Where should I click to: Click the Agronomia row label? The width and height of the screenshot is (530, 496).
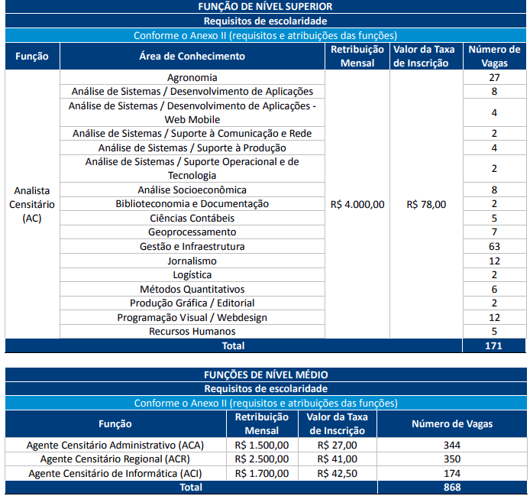tap(192, 77)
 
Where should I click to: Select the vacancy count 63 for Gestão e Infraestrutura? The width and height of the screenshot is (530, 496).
tap(494, 247)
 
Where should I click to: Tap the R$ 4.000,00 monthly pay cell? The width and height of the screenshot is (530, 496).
tap(357, 204)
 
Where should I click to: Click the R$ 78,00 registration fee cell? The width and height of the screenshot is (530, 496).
tap(426, 204)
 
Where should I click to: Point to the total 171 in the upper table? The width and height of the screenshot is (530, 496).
tap(494, 346)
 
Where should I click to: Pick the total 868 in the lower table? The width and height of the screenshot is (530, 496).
tap(452, 487)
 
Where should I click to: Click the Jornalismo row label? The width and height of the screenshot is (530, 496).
tap(192, 261)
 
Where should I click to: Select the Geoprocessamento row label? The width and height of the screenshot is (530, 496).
tap(192, 232)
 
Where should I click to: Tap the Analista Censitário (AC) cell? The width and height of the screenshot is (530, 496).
tap(32, 204)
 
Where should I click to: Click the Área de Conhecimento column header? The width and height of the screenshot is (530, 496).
tap(192, 56)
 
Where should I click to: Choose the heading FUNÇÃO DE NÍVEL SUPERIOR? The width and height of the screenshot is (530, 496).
tap(265, 6)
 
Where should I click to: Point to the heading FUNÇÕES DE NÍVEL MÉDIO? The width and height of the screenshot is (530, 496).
tap(265, 374)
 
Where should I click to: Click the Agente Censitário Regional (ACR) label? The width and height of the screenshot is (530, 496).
tap(111, 459)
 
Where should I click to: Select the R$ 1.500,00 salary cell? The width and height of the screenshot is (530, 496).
tap(261, 445)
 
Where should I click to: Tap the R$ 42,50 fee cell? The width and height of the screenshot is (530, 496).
tap(337, 473)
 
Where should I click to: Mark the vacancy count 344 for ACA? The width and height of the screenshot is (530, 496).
tap(452, 445)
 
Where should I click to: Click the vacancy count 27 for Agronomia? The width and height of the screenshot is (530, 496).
tap(494, 77)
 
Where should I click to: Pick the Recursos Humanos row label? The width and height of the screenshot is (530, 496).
tap(192, 332)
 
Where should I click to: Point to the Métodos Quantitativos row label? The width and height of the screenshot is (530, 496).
tap(192, 289)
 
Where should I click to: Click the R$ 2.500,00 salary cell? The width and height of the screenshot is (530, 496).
tap(261, 459)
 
